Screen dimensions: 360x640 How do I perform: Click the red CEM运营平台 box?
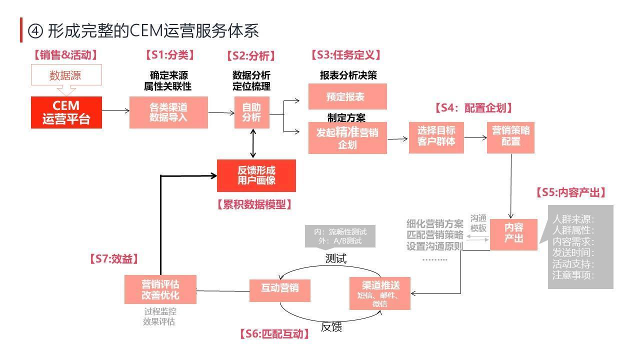(x=66, y=112)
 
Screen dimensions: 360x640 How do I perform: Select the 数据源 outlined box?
(x=66, y=75)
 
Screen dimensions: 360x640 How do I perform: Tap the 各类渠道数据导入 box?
(x=168, y=112)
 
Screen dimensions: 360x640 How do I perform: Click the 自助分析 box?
(x=252, y=112)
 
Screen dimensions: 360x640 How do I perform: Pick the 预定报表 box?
(x=347, y=96)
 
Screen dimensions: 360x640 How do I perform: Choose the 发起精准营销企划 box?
(x=347, y=138)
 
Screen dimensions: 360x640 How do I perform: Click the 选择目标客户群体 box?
(x=436, y=136)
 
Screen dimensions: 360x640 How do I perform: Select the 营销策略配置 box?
(x=510, y=136)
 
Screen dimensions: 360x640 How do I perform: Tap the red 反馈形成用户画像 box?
(x=256, y=175)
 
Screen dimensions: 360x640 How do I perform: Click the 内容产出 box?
(x=513, y=234)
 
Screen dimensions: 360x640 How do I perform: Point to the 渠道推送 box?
(x=380, y=293)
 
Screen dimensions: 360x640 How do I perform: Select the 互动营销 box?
(x=280, y=290)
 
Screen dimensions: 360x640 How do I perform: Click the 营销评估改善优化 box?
(x=160, y=289)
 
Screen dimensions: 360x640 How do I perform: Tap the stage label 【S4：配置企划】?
(x=473, y=108)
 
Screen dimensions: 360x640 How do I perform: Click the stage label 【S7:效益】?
(x=113, y=258)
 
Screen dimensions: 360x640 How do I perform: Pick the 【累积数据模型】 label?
(x=254, y=204)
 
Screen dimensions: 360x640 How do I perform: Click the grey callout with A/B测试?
(x=340, y=236)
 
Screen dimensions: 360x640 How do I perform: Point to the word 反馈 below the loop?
(x=331, y=327)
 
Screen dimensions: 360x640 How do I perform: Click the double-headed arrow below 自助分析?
(x=253, y=143)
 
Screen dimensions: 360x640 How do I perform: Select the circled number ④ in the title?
(x=36, y=31)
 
